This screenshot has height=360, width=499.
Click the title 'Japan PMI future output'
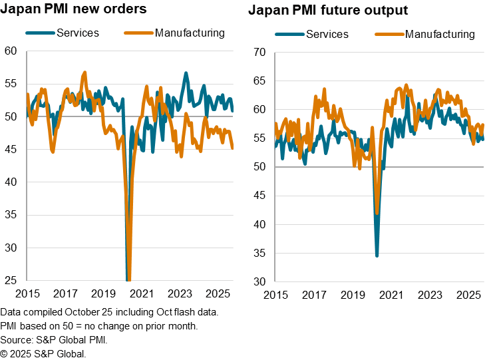tap(329, 11)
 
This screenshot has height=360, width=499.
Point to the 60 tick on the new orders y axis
tap(10, 51)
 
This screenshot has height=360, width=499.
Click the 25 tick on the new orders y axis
tap(10, 281)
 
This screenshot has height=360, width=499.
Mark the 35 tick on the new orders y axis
tap(10, 215)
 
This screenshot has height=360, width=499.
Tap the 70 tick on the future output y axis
tap(259, 53)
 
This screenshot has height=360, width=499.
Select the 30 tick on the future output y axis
tap(259, 281)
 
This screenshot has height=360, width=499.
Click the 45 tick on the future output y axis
tap(259, 196)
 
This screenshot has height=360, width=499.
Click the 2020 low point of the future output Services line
tap(377, 256)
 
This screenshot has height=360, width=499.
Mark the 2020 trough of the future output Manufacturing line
tap(377, 214)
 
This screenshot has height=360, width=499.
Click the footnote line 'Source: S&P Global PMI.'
tap(53, 340)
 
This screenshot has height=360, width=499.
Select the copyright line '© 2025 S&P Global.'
tap(43, 353)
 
